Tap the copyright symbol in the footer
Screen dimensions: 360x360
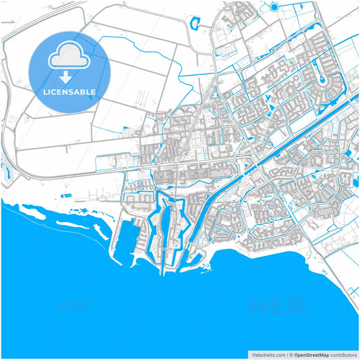coord(290,354)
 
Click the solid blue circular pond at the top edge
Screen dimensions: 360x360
coord(274,7)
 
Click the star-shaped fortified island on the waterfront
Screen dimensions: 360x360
coord(170,223)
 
